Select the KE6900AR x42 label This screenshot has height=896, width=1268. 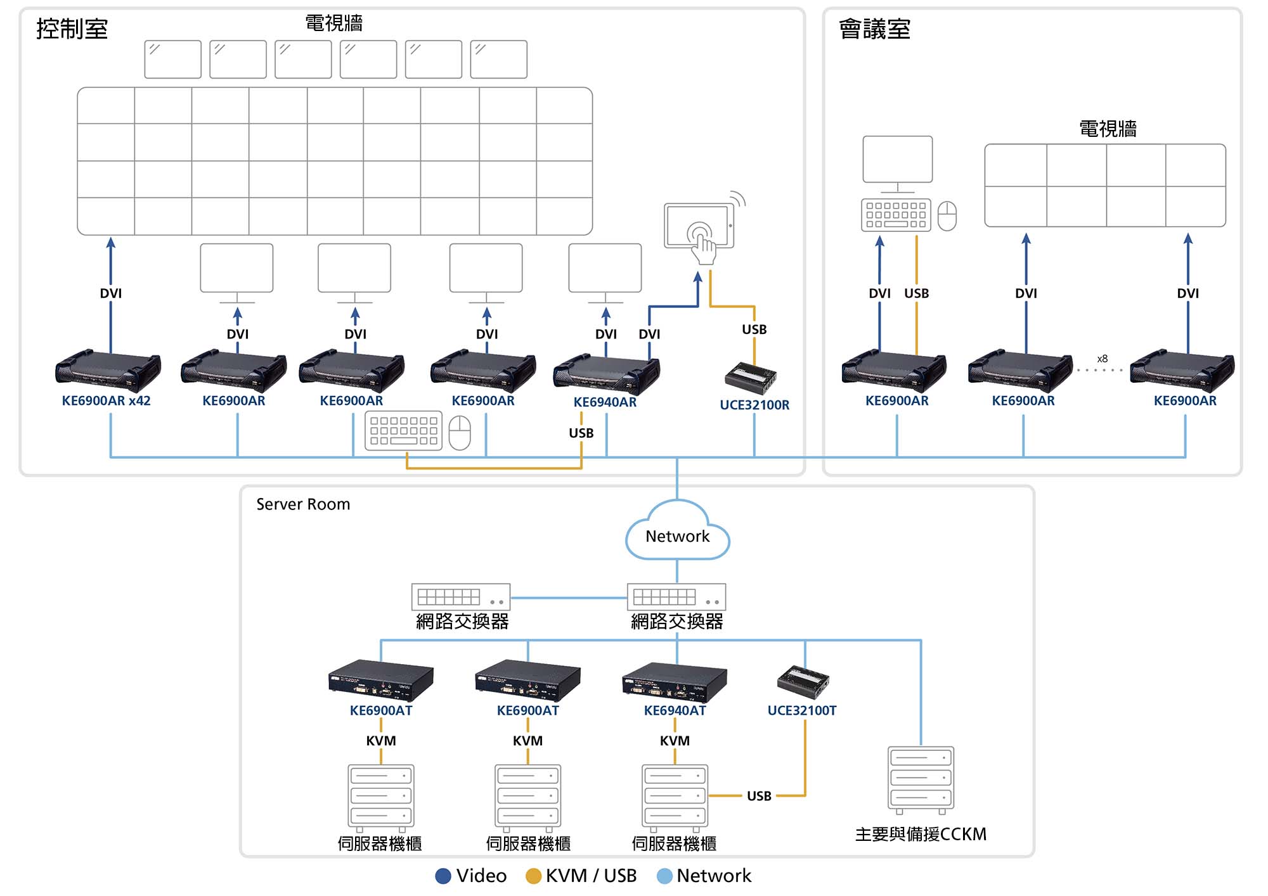click(x=106, y=400)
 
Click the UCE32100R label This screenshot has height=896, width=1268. click(x=754, y=405)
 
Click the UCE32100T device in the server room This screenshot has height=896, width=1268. click(x=803, y=681)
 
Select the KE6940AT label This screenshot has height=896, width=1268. click(x=675, y=710)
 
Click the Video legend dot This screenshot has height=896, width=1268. click(x=443, y=876)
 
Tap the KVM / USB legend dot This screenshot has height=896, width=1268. click(x=533, y=876)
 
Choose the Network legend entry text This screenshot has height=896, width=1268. click(x=713, y=876)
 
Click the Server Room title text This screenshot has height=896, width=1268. click(x=303, y=504)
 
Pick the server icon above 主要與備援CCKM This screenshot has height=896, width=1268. click(x=921, y=780)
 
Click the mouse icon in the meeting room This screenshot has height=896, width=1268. click(x=947, y=216)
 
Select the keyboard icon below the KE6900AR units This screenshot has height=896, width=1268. click(x=403, y=431)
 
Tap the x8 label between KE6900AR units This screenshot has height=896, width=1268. click(x=1103, y=359)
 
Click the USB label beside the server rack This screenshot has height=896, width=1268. click(x=759, y=796)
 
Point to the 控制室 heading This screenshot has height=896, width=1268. click(x=72, y=29)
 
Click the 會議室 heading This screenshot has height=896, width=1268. click(x=874, y=29)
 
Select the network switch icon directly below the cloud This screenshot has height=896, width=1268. click(x=676, y=597)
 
